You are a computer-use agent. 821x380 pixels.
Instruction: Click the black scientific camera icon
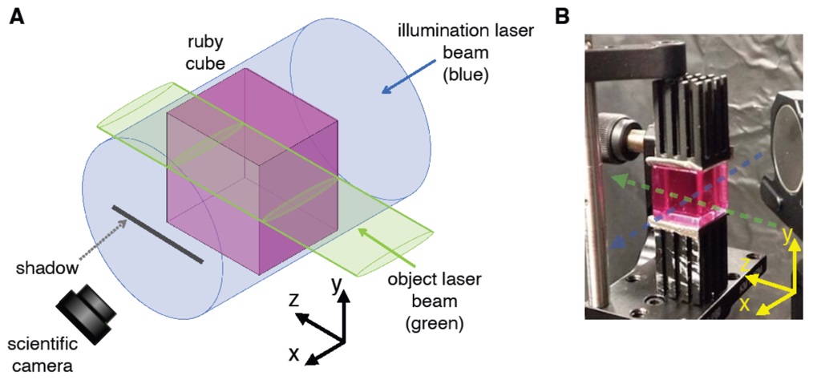(85, 316)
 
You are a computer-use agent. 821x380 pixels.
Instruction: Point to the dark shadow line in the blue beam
(156, 233)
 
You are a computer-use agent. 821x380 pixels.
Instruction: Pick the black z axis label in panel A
(294, 299)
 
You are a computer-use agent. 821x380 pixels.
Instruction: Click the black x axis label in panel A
(294, 353)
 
